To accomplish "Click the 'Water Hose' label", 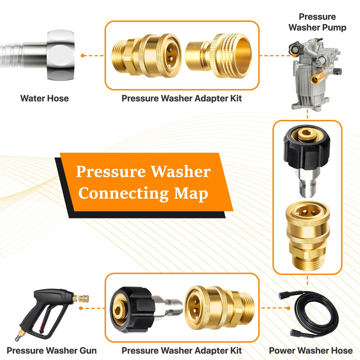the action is (x=45, y=99).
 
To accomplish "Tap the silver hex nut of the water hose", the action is (x=60, y=55).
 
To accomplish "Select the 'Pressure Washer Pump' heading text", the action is (x=317, y=22).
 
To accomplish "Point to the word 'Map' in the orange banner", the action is (x=191, y=194).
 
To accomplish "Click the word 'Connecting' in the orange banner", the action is (x=124, y=194).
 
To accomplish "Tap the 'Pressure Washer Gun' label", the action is (x=51, y=351).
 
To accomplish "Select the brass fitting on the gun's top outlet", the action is (x=81, y=299).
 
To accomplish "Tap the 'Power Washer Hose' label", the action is (x=311, y=351).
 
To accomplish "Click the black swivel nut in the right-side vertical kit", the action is (x=307, y=147).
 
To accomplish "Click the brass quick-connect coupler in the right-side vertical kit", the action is (x=308, y=235).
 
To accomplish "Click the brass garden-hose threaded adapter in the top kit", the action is (x=219, y=56).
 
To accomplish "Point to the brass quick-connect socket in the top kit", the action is (x=147, y=55).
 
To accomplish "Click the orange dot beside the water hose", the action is (x=83, y=55).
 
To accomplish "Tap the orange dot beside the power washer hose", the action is (x=288, y=308).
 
